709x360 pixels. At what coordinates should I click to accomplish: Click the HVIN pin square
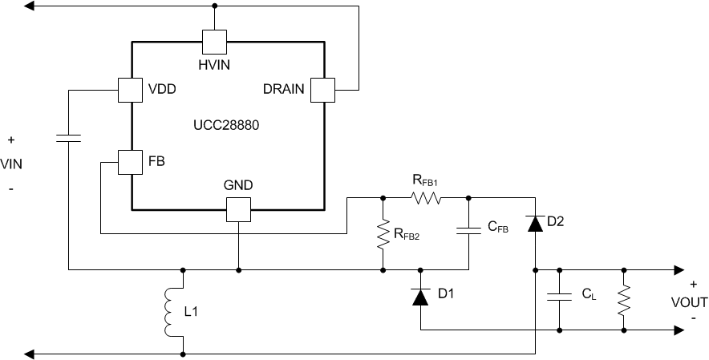tap(214, 40)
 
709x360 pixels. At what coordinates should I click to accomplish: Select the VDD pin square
tap(130, 89)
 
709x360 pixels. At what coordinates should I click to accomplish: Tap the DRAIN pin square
tap(322, 89)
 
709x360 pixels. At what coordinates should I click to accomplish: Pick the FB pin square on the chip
tap(130, 162)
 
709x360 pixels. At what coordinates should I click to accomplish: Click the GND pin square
tap(238, 210)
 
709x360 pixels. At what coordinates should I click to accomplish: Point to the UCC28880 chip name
tap(225, 126)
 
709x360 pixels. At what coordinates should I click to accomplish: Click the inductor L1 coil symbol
tap(169, 312)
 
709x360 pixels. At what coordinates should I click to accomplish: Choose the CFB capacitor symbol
tap(468, 231)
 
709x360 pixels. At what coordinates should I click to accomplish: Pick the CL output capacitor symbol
tap(557, 297)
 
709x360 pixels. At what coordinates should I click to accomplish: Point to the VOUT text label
tap(689, 303)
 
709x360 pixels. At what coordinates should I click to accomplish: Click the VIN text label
tap(11, 164)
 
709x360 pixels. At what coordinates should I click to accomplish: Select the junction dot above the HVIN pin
tap(214, 6)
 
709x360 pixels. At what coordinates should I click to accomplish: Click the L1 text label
tap(192, 310)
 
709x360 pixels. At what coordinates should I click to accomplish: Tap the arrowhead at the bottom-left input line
tap(30, 353)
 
